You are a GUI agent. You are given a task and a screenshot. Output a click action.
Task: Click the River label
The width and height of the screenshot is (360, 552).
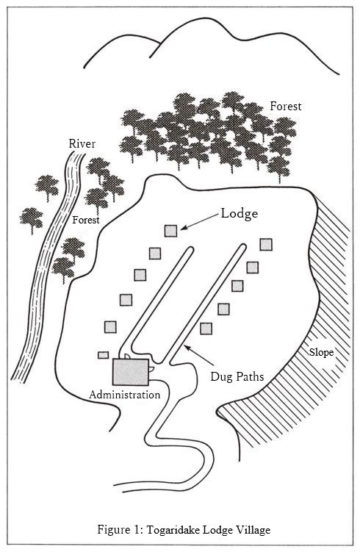click(82, 143)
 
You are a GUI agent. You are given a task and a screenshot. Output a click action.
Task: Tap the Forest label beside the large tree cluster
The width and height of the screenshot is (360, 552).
click(286, 107)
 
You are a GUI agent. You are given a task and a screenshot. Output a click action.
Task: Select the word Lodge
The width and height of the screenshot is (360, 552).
click(240, 214)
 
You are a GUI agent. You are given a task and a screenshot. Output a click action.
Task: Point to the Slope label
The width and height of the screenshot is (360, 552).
click(321, 352)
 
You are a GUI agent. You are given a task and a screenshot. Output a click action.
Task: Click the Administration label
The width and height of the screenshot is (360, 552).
click(125, 395)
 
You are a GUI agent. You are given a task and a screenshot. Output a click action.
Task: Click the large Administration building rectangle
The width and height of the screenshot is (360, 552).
click(131, 372)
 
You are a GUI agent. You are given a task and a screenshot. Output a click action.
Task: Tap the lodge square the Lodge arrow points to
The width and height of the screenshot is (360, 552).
click(170, 231)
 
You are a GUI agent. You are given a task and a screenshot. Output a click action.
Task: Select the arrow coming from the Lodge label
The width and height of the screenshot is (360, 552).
click(199, 222)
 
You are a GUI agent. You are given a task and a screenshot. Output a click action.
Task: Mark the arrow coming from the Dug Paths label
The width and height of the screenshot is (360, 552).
click(199, 355)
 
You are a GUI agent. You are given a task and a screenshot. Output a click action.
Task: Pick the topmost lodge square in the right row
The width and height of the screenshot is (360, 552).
click(266, 244)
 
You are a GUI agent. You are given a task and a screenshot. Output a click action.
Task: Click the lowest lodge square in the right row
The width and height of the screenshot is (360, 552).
click(206, 329)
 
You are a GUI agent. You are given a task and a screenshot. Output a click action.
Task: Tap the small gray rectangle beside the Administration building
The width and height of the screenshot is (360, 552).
click(103, 355)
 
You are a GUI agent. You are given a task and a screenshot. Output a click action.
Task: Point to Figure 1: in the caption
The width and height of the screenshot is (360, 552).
click(120, 529)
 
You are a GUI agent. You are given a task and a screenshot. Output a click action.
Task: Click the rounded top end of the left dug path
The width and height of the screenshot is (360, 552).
click(190, 249)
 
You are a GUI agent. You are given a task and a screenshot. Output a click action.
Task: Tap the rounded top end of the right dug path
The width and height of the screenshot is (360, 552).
click(242, 245)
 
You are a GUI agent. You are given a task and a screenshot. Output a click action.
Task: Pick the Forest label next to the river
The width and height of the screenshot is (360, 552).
click(86, 220)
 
